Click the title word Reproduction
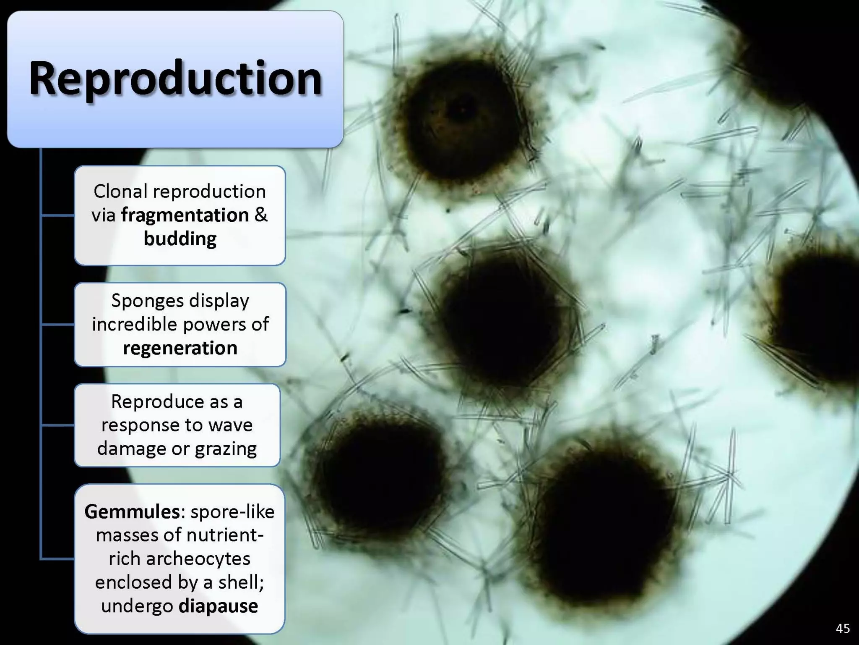[175, 79]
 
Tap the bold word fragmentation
[185, 215]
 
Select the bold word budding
[180, 239]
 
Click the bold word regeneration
[180, 348]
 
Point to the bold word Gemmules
[132, 511]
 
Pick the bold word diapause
[218, 606]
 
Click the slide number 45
[842, 628]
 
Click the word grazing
[226, 449]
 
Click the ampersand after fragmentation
[260, 215]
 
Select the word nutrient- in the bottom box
[225, 535]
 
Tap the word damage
[131, 449]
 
